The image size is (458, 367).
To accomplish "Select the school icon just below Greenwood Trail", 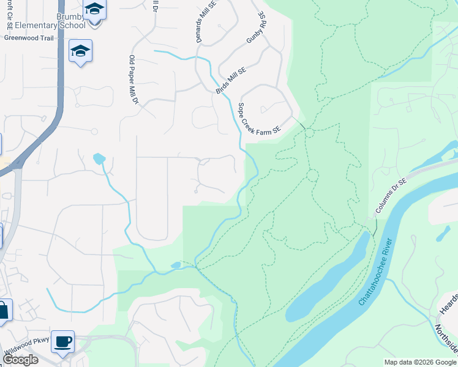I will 80,51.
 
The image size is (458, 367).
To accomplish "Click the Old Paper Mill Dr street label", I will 132,79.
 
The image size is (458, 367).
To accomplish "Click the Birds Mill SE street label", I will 230,80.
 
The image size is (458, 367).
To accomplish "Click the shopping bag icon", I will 3,310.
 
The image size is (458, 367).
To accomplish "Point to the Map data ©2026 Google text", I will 419,362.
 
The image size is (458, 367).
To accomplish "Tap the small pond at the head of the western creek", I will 99,158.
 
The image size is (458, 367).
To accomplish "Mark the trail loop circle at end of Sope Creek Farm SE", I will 309,133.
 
